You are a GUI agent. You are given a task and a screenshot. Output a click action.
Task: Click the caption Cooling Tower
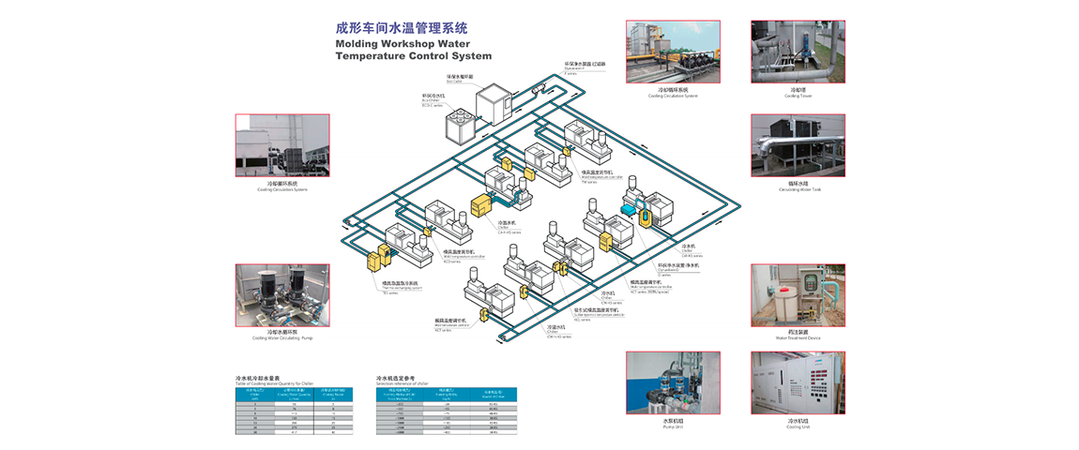point(798,95)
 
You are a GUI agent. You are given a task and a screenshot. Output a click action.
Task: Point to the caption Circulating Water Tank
point(798,188)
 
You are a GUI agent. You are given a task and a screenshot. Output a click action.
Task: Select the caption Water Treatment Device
point(798,337)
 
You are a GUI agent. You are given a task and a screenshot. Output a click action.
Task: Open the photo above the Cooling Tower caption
point(798,52)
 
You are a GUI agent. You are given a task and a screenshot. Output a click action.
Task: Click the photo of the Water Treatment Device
point(798,295)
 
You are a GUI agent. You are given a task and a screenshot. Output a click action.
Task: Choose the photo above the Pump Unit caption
point(673,382)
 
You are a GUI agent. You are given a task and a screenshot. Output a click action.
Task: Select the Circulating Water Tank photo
point(798,145)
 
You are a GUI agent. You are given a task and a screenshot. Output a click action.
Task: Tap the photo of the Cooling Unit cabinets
point(798,382)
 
